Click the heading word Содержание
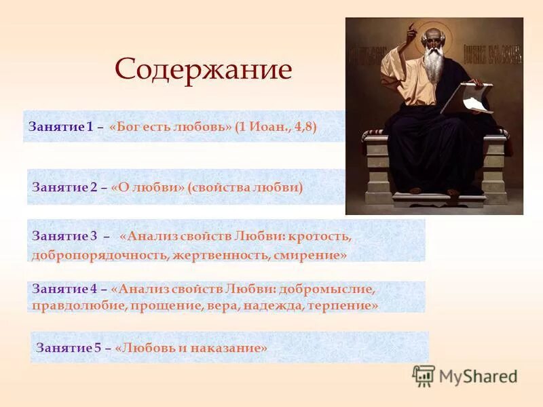pos(203,70)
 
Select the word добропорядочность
pos(99,256)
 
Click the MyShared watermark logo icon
pos(424,375)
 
